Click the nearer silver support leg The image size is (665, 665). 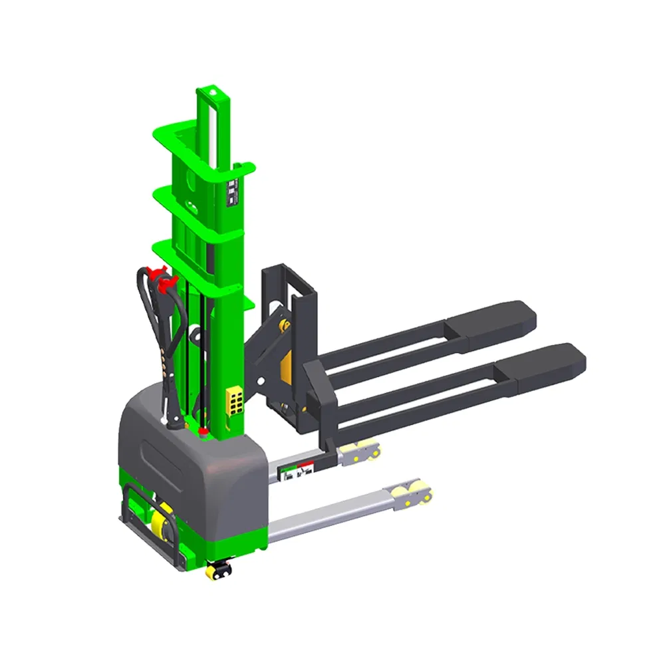332,515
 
